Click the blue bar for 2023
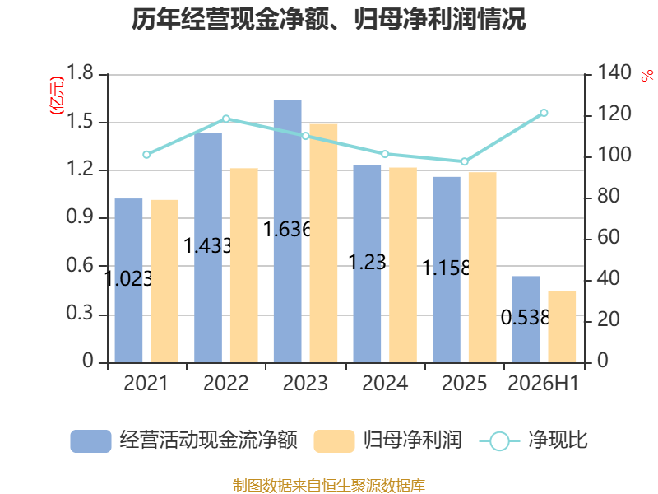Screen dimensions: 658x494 click(x=287, y=231)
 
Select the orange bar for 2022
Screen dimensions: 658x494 click(x=243, y=265)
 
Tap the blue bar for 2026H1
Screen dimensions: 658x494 click(x=526, y=319)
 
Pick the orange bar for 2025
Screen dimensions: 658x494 click(x=483, y=268)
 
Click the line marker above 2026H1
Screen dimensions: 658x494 click(x=544, y=113)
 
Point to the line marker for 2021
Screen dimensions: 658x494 click(x=146, y=155)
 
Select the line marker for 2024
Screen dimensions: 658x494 click(x=385, y=154)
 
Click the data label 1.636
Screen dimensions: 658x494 click(x=287, y=230)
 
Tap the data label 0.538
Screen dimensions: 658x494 click(x=525, y=318)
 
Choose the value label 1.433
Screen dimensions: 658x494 click(x=208, y=245)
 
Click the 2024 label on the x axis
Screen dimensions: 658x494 click(x=385, y=383)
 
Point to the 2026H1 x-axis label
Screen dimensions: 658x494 click(x=544, y=383)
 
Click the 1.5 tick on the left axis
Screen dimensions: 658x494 click(x=79, y=122)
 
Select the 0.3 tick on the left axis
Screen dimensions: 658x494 click(x=79, y=314)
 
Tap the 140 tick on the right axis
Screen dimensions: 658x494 click(x=614, y=72)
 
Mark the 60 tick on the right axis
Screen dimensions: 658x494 click(x=609, y=237)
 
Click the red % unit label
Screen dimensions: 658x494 click(x=647, y=75)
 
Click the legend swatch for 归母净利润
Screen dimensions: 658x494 click(x=334, y=441)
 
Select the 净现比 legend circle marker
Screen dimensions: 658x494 click(x=499, y=441)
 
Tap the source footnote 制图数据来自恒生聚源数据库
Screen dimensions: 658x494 click(x=329, y=486)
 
